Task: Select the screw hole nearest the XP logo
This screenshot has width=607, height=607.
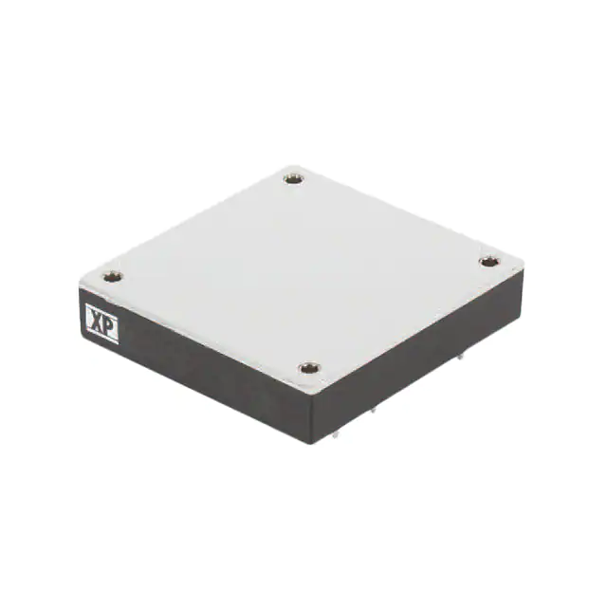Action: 112,277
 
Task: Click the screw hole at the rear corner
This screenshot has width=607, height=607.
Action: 294,176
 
